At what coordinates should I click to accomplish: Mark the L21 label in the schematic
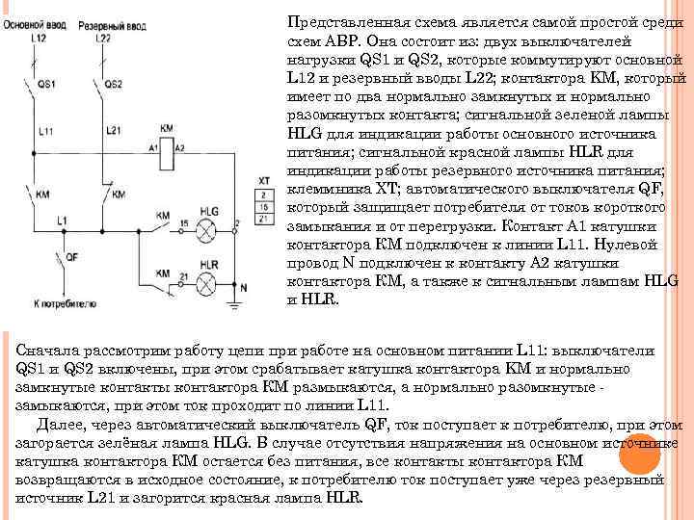tap(112, 130)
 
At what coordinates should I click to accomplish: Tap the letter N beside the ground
tap(244, 287)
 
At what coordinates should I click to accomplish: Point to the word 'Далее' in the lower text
tap(56, 425)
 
